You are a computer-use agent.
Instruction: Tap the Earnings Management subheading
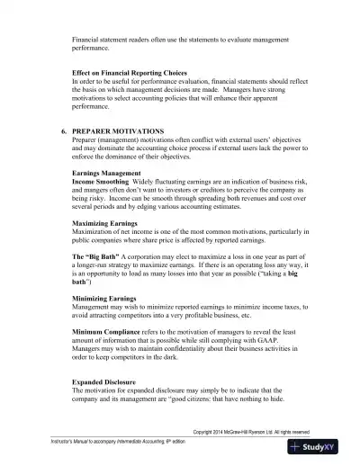[x=106, y=172]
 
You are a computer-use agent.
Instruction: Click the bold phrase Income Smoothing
[x=101, y=181]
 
